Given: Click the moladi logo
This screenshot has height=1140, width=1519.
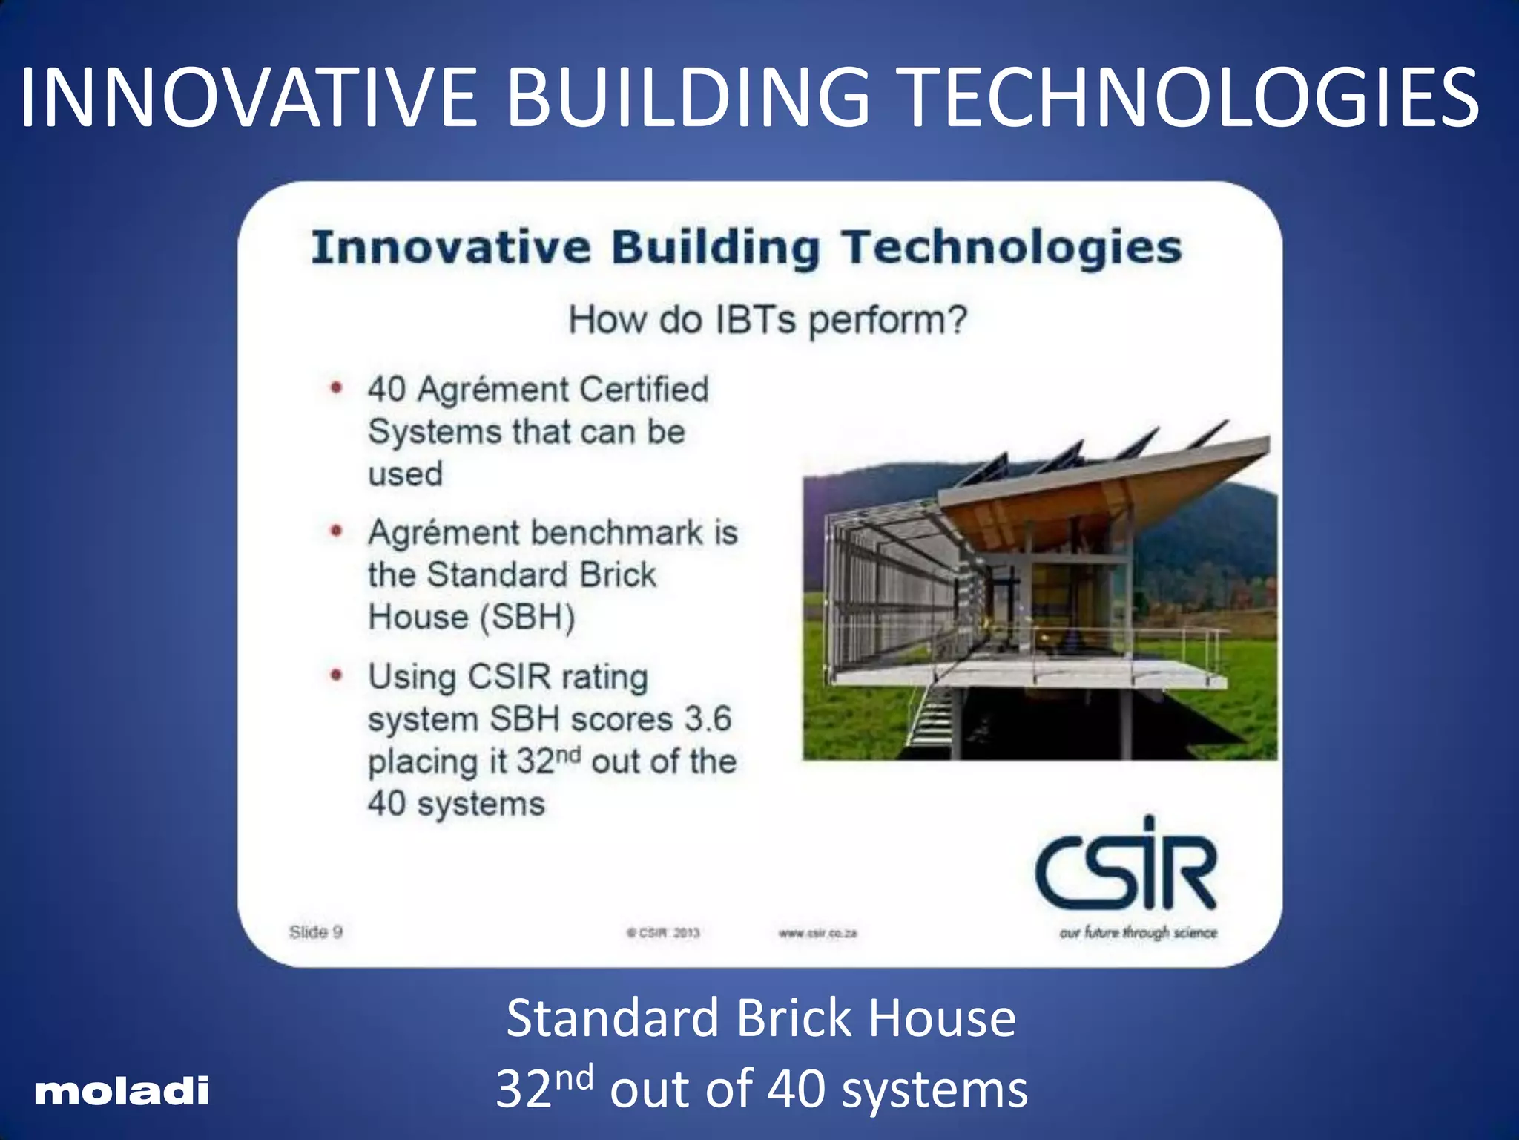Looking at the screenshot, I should click(x=122, y=1090).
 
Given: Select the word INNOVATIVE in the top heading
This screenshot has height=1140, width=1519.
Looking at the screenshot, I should click(x=248, y=97).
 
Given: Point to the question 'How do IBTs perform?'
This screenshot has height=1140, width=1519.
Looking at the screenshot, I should click(x=768, y=320).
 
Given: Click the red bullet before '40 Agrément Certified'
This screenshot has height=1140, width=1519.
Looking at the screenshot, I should click(x=337, y=387).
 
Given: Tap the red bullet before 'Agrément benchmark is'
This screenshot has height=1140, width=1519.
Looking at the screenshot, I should click(x=337, y=531).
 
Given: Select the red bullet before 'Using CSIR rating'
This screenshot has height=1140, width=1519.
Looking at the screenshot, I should click(x=337, y=675).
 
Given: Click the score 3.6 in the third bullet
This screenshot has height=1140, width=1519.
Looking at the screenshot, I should click(x=708, y=718).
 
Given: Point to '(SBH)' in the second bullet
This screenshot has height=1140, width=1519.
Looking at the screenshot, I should click(x=524, y=617).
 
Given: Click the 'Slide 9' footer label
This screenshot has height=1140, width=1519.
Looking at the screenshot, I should click(x=316, y=932).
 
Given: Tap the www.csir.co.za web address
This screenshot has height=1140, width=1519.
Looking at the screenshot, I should click(x=817, y=933).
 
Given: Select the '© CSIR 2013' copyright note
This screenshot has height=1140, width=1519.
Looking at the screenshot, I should click(x=663, y=933).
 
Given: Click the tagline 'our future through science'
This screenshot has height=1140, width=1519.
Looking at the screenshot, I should click(x=1138, y=932).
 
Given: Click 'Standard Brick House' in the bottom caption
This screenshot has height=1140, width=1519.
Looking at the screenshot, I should click(x=761, y=1018).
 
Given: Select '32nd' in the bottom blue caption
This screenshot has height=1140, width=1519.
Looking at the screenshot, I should click(x=544, y=1088).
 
